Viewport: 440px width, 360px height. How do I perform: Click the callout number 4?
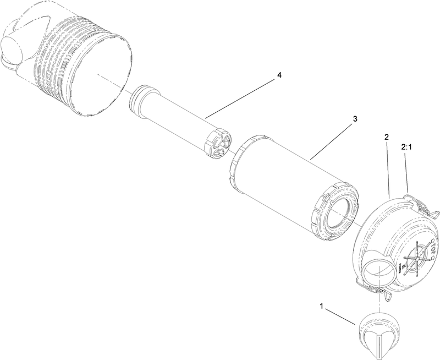tap(279, 75)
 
